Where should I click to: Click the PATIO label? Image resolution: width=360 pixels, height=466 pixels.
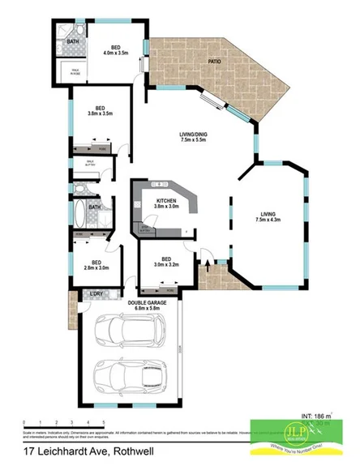coord(215,61)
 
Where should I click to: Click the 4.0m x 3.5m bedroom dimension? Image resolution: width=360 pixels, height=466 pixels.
coord(117,53)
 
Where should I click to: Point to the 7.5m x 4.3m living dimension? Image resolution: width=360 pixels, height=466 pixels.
coord(268,220)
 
